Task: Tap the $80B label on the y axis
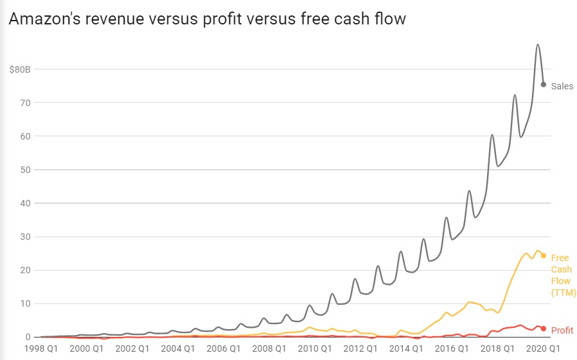click(20, 69)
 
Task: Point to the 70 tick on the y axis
click(25, 102)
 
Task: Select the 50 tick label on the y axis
click(25, 170)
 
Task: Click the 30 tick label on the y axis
click(25, 237)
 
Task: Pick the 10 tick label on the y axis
click(25, 303)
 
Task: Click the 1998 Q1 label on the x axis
click(40, 349)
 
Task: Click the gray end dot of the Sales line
click(544, 84)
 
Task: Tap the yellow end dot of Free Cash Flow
click(544, 255)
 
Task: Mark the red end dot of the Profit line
click(544, 328)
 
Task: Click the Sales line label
click(562, 86)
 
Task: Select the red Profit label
click(562, 330)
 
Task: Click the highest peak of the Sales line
click(538, 44)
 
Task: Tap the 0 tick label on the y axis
click(28, 337)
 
